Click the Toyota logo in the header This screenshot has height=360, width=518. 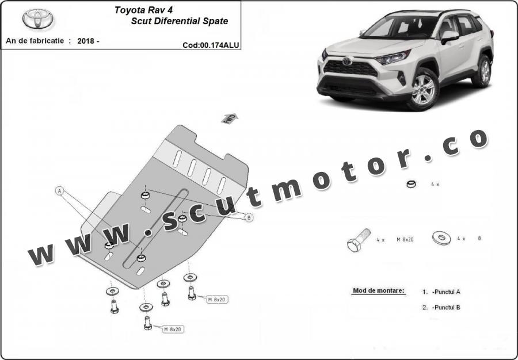39,19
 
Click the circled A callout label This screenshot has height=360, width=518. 59,190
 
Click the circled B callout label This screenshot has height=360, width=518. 249,217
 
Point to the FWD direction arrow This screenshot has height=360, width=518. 229,118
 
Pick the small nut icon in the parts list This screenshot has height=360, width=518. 411,185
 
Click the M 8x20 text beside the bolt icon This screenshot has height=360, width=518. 405,238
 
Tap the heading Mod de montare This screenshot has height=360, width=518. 378,291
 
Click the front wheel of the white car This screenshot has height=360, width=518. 423,89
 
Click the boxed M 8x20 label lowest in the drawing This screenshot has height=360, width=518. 172,330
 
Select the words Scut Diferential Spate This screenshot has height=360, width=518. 180,21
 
